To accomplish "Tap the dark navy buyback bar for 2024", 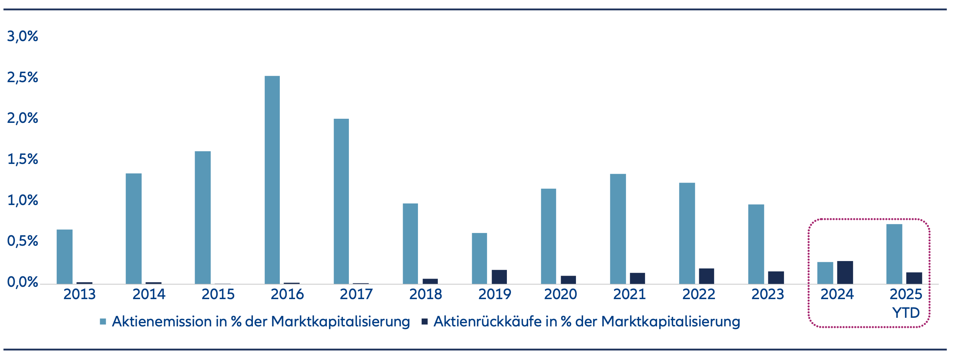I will click(x=845, y=272).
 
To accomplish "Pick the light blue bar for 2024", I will click(x=825, y=273).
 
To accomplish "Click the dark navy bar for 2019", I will click(x=499, y=277).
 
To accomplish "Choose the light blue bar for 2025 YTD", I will click(x=894, y=254).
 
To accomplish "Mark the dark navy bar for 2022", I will click(x=706, y=276).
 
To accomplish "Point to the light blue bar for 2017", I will click(x=341, y=201).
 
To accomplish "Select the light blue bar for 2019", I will click(x=479, y=258).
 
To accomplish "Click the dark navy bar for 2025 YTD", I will click(x=914, y=278).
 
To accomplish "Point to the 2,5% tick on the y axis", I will click(x=22, y=77).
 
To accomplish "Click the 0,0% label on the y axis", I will click(x=22, y=282).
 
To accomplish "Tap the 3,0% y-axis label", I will click(x=22, y=36).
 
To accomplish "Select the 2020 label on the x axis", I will click(x=560, y=294).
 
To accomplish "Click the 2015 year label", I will click(x=218, y=294).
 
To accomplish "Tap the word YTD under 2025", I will click(x=906, y=313).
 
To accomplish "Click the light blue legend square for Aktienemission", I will click(x=103, y=322).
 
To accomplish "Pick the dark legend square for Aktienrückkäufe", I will click(x=424, y=322).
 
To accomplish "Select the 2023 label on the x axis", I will click(x=768, y=294).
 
